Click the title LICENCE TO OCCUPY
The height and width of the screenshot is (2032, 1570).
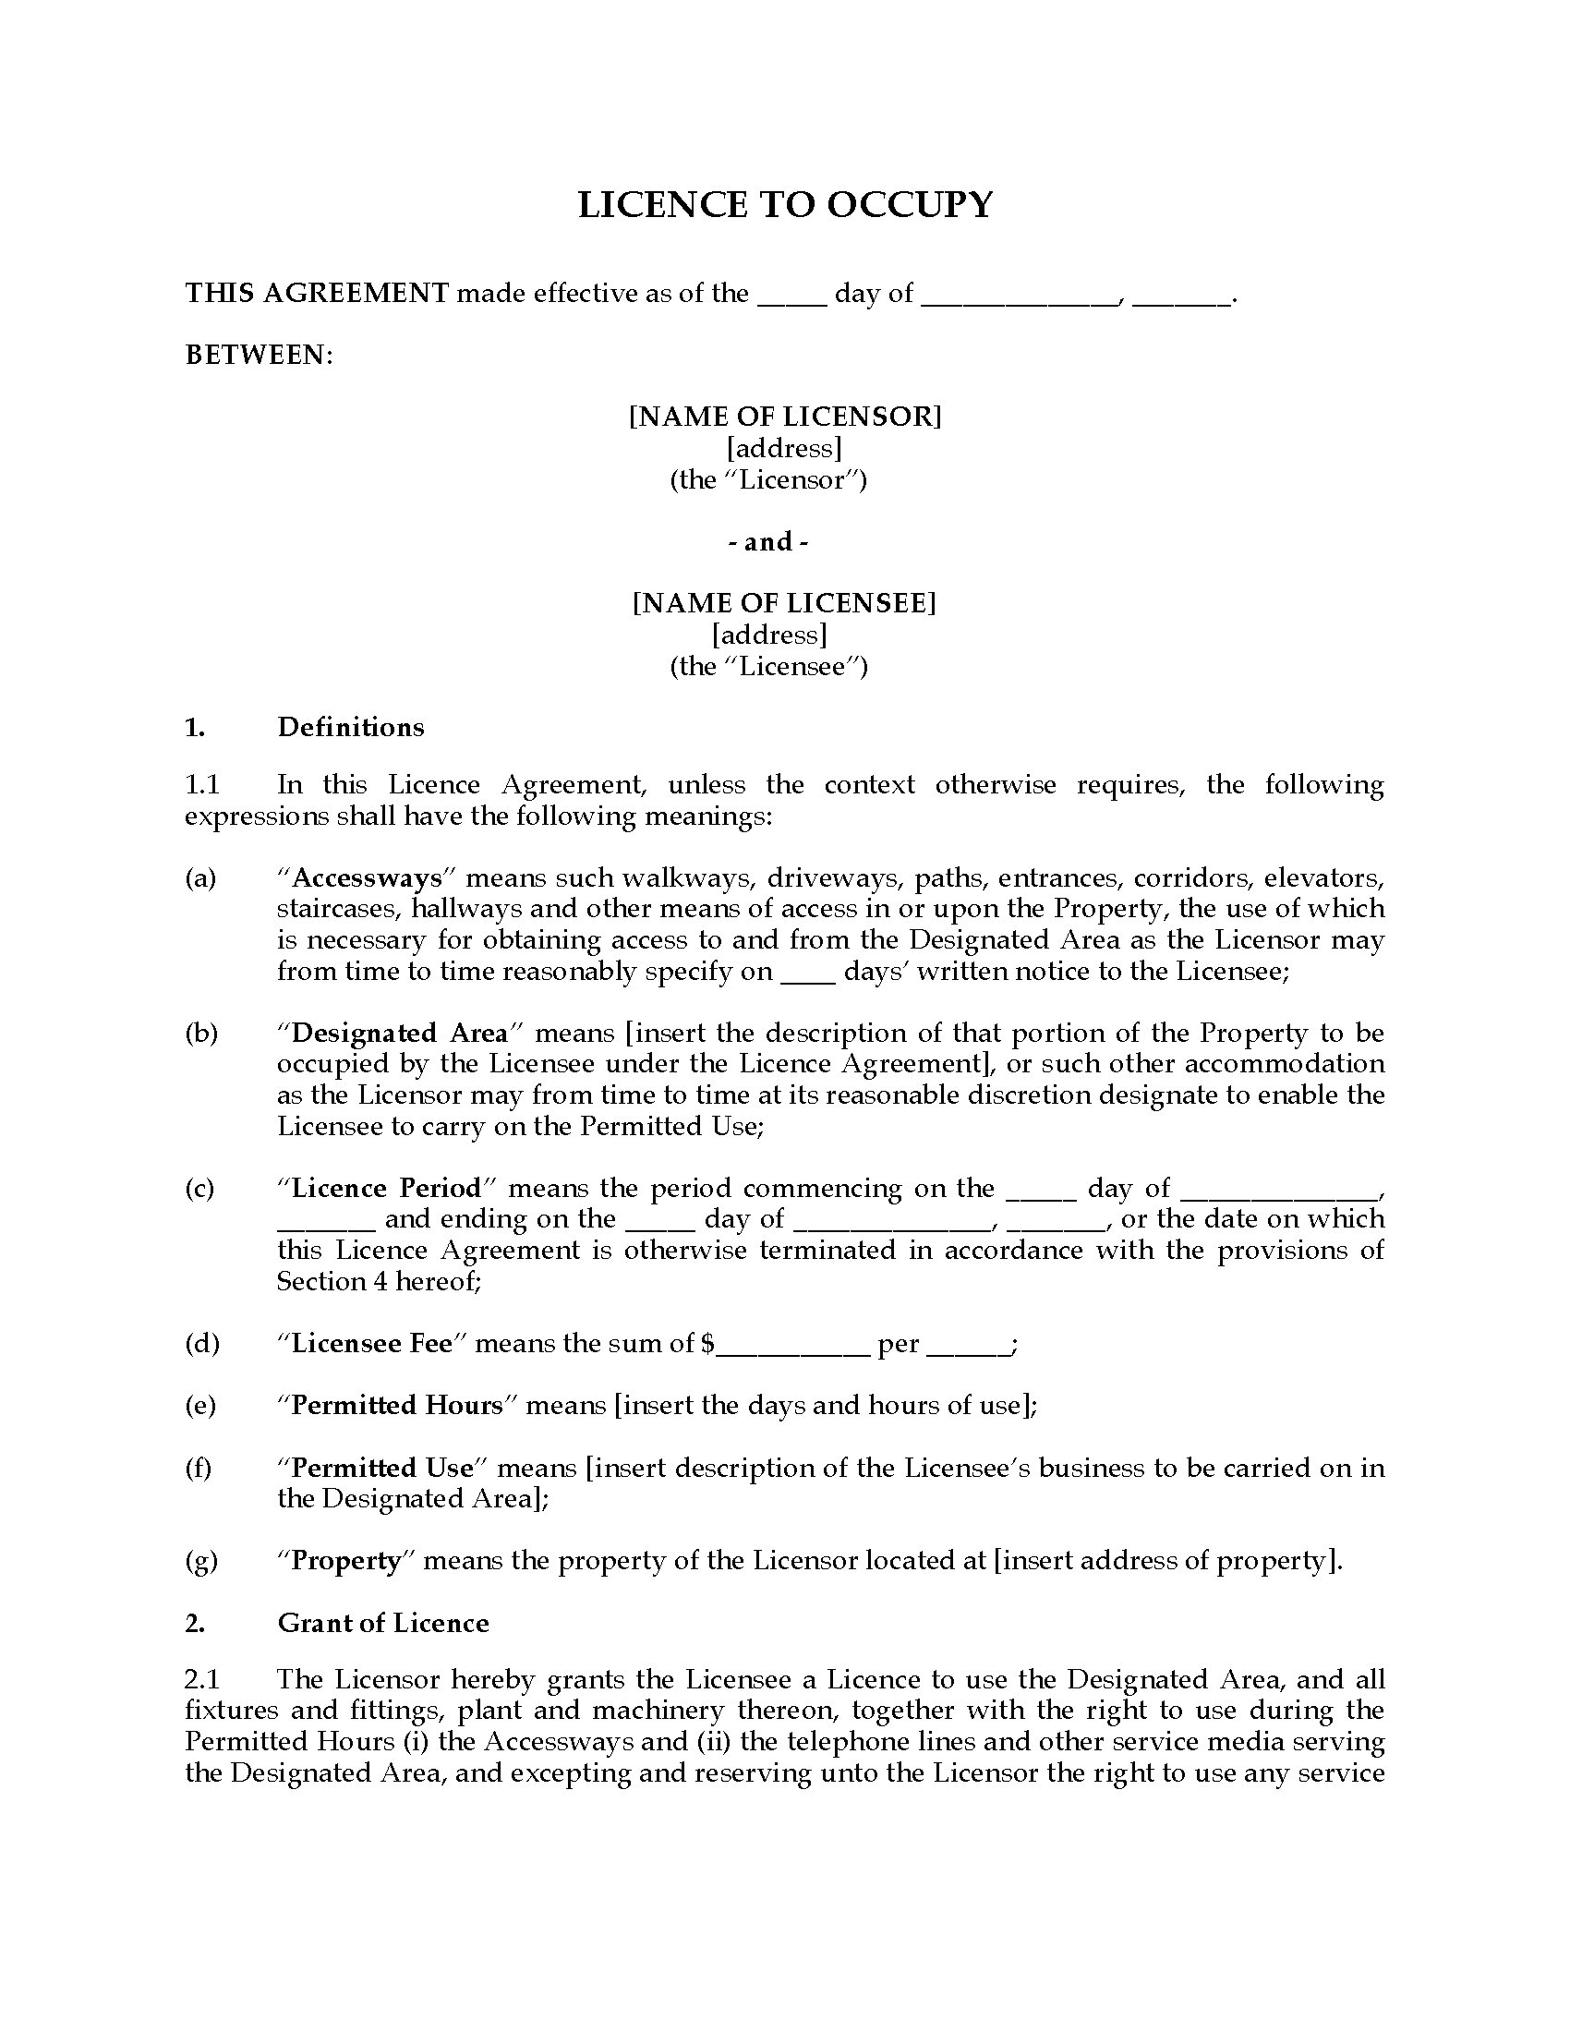click(785, 205)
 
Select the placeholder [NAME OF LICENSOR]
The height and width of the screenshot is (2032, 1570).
click(785, 416)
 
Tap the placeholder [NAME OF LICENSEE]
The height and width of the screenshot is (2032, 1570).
click(785, 603)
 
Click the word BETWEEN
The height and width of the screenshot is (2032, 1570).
click(258, 355)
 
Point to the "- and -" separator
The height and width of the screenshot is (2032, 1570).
click(767, 541)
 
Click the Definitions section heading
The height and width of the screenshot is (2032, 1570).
click(351, 727)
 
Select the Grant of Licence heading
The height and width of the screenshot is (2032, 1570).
click(382, 1623)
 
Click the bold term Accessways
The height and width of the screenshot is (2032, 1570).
click(367, 877)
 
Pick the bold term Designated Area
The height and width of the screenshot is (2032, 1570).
click(400, 1033)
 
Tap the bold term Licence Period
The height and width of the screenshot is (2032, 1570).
click(387, 1188)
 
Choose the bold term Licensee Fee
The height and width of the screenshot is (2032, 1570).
click(371, 1344)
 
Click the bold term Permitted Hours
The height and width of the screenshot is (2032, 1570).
click(397, 1405)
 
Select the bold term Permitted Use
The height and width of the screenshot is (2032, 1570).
click(382, 1468)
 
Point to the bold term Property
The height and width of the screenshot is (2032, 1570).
click(346, 1560)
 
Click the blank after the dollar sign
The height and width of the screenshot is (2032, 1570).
click(791, 1347)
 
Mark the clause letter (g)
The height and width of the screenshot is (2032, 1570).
click(201, 1560)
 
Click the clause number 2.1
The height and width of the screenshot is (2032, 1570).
click(202, 1679)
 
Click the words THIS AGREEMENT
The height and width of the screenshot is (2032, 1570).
click(317, 293)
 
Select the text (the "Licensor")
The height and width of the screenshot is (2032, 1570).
click(768, 480)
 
